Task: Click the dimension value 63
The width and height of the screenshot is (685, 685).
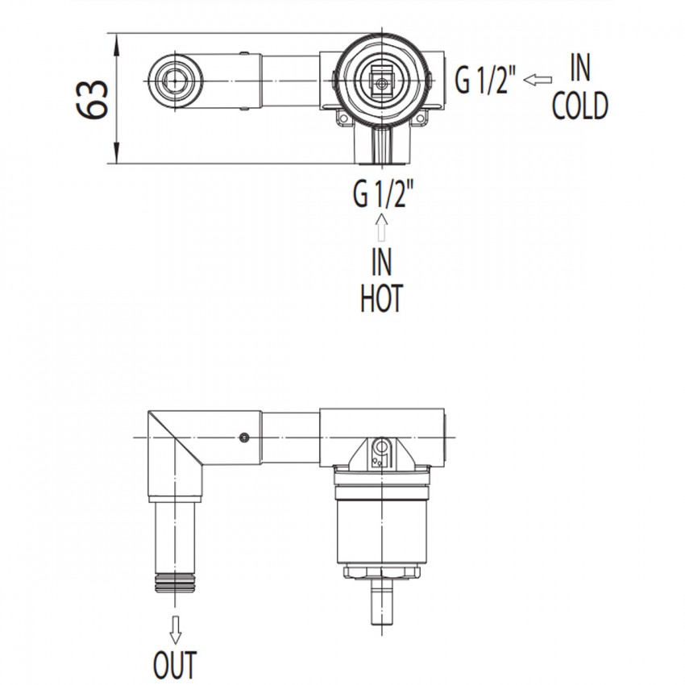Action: (x=92, y=99)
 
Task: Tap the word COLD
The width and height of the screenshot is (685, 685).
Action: (x=579, y=106)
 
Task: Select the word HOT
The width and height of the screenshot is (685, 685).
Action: (x=381, y=298)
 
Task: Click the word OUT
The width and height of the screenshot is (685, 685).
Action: (x=175, y=665)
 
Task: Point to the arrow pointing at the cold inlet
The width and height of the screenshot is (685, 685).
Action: (x=538, y=80)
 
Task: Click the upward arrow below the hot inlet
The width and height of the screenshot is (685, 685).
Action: (x=381, y=227)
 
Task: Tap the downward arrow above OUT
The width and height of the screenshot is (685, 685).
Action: (x=175, y=630)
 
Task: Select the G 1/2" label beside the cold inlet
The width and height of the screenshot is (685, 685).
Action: (x=485, y=79)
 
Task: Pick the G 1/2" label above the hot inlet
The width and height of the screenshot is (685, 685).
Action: (x=383, y=194)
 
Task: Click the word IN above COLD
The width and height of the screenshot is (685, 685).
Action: (x=580, y=68)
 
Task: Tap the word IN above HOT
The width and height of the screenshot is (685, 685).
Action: (x=381, y=262)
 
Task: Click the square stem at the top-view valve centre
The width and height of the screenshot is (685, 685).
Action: (x=382, y=81)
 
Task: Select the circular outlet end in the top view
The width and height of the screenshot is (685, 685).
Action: (x=175, y=81)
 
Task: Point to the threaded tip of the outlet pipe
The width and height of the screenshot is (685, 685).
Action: (x=175, y=583)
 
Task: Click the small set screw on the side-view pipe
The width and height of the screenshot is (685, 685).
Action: (x=245, y=437)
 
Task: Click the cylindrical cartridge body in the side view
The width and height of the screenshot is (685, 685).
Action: (x=382, y=532)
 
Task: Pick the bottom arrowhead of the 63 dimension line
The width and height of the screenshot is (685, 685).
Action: (x=116, y=152)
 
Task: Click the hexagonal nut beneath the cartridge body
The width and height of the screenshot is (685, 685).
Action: (x=382, y=571)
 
